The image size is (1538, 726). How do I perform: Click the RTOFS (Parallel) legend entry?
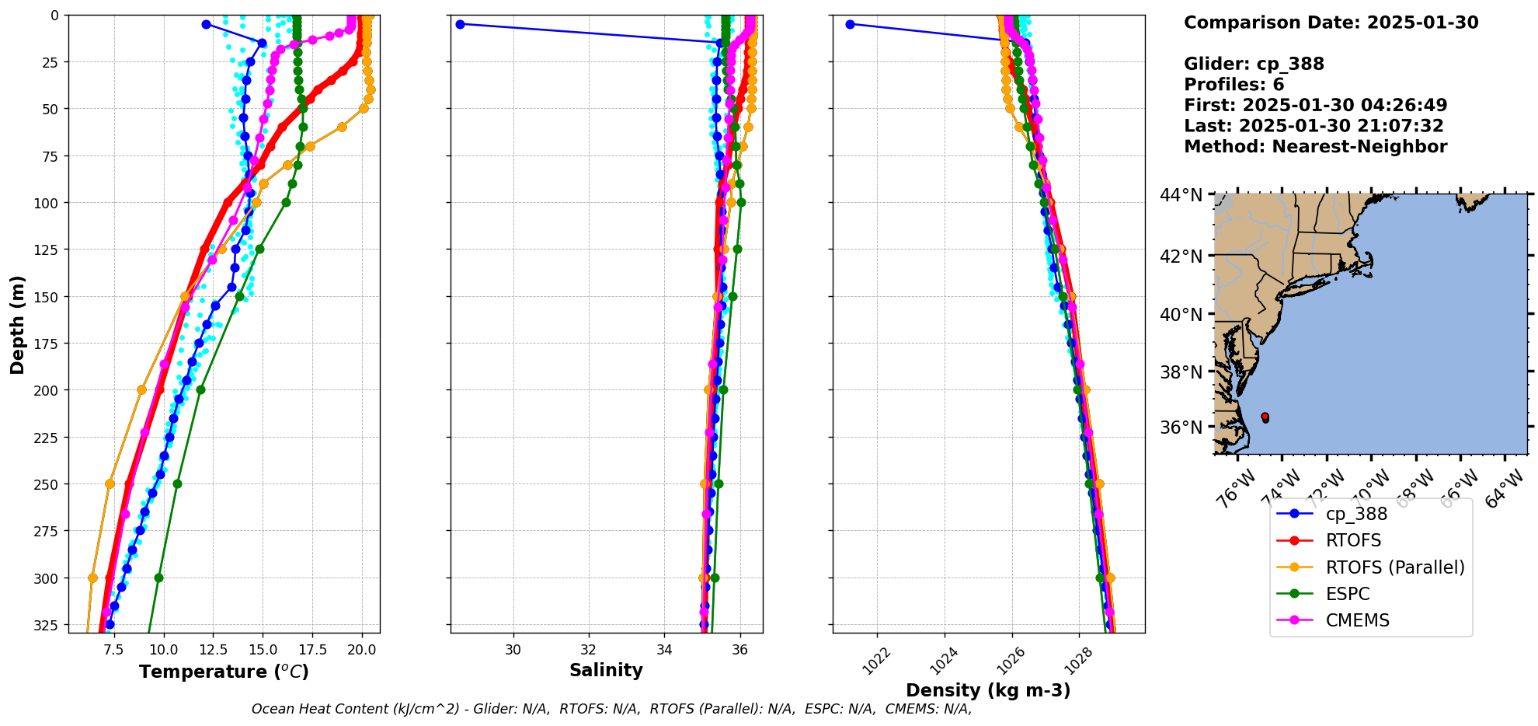1394,567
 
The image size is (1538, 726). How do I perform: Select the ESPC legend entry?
1348,594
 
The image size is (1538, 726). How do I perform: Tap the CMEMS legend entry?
1357,620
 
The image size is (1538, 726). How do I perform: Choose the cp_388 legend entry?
1356,514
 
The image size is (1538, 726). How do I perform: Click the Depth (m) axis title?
17,324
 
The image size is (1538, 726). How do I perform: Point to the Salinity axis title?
606,670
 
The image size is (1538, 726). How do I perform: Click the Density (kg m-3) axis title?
988,690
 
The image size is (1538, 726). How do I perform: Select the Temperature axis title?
224,672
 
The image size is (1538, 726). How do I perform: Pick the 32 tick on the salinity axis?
589,650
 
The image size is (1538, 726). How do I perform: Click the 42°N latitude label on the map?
1181,257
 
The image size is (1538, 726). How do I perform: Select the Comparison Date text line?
1331,23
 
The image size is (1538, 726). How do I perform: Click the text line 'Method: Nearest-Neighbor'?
1315,147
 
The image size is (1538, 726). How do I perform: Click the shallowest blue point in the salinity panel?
460,24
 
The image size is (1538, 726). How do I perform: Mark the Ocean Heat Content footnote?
611,709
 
